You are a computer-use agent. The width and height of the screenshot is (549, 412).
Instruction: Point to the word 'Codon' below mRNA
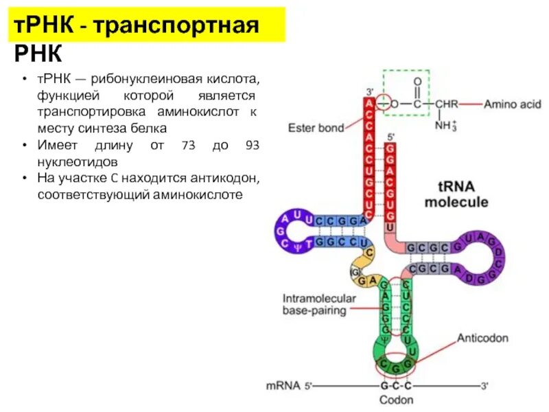click(x=396, y=400)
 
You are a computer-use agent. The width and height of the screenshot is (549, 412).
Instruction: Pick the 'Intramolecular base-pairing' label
click(x=318, y=304)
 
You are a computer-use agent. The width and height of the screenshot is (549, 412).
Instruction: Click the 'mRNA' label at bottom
click(x=283, y=386)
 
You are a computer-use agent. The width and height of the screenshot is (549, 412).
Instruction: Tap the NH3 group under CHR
click(x=447, y=126)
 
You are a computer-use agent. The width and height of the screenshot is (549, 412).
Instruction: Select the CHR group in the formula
click(x=446, y=104)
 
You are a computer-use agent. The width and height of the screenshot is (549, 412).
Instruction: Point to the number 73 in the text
click(x=189, y=146)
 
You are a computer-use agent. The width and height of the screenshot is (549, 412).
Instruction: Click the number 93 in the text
click(x=251, y=146)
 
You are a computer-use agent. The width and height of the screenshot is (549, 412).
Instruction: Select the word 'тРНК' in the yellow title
click(x=41, y=27)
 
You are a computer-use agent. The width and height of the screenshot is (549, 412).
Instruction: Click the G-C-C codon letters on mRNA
click(x=396, y=386)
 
